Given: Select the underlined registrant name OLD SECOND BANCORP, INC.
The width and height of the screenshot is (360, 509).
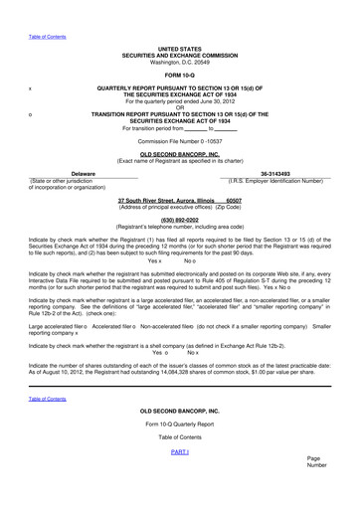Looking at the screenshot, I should pyautogui.click(x=180, y=155).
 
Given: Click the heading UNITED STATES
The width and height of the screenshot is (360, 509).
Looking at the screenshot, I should pyautogui.click(x=180, y=48).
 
